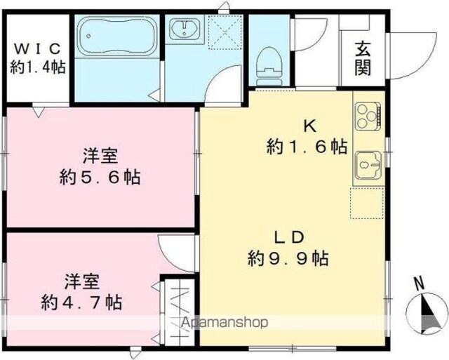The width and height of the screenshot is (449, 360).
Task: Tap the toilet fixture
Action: (269, 66)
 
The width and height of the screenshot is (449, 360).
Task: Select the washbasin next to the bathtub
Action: (185, 28)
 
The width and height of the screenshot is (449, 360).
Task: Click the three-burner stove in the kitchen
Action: (368, 116)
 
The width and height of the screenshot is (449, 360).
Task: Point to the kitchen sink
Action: (368, 165)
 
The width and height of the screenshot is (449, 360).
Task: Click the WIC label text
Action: (37, 48)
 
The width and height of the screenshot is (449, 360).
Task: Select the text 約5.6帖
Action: (100, 178)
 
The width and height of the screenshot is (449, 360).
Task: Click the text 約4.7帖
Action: (82, 302)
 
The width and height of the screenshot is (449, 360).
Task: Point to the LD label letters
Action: (288, 238)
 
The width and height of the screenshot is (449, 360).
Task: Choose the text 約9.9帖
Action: (288, 258)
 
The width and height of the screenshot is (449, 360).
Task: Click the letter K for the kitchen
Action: (310, 126)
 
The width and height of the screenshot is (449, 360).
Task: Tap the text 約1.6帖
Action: (307, 147)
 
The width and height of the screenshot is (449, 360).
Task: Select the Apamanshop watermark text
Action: (224, 323)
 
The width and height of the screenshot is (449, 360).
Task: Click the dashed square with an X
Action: (224, 32)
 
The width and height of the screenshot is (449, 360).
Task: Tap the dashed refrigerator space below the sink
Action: (367, 204)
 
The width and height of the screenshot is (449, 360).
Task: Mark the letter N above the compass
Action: (420, 284)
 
